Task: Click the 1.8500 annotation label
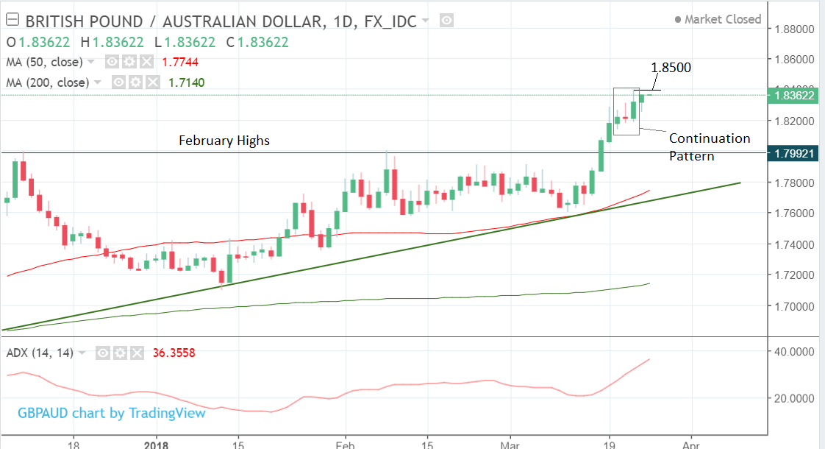click(671, 68)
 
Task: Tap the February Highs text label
click(224, 141)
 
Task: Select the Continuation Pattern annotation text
click(709, 146)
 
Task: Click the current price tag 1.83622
click(790, 95)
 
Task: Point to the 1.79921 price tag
click(790, 153)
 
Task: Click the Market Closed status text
click(722, 19)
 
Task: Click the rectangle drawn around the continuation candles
click(615, 110)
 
